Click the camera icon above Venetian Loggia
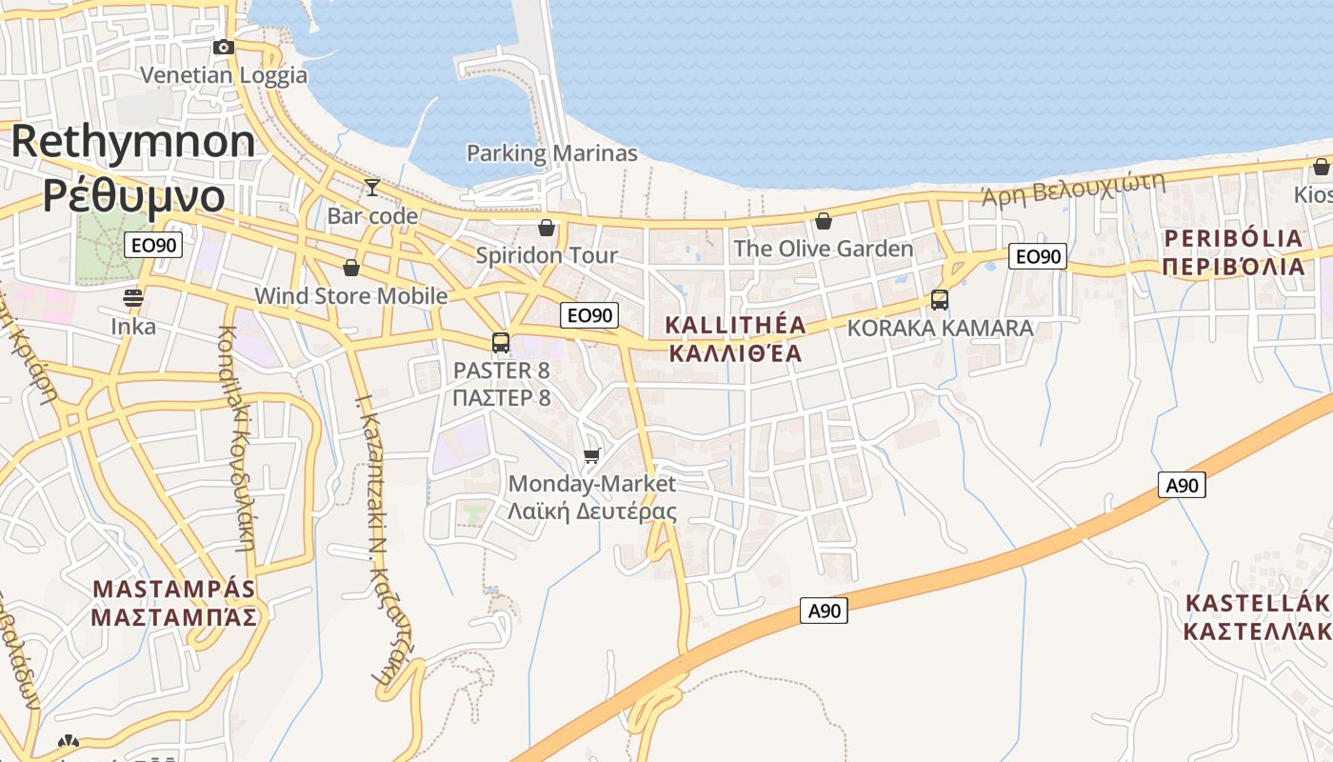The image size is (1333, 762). tap(224, 47)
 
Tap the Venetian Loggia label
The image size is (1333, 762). tap(224, 75)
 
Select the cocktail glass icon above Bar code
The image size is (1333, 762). tap(372, 187)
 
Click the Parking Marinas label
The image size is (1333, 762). tap(551, 152)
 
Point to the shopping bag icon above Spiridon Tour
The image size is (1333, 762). tap(547, 227)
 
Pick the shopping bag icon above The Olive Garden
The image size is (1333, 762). tap(824, 221)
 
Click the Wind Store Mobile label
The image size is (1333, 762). tap(350, 296)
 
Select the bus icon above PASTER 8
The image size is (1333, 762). tap(501, 343)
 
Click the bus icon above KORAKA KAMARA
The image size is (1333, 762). tap(940, 300)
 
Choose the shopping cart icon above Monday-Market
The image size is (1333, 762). tap(592, 455)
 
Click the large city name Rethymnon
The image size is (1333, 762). tap(133, 141)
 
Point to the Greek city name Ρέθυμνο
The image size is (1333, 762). tap(133, 195)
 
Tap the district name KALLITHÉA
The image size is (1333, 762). tap(735, 325)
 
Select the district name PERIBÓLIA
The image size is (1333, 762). tap(1233, 238)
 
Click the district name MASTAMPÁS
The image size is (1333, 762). tap(174, 589)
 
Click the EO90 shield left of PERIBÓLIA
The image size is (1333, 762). tap(1037, 256)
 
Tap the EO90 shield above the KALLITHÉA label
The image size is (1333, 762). tap(589, 315)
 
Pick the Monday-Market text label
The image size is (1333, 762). tap(592, 484)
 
